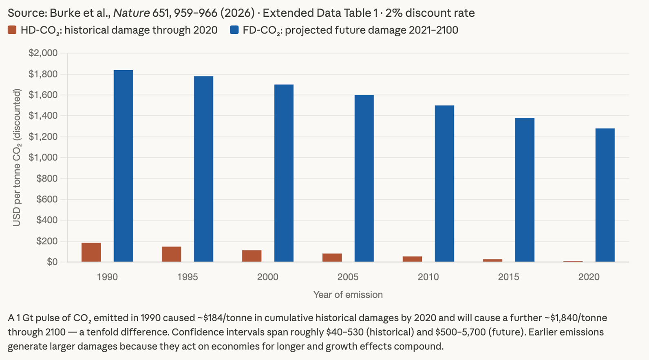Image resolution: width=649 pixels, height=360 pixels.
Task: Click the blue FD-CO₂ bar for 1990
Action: click(123, 166)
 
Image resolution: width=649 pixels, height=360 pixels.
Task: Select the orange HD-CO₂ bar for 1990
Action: click(91, 252)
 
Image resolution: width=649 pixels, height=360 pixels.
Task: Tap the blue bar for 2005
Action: click(364, 178)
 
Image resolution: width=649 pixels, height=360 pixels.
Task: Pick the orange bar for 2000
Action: click(252, 256)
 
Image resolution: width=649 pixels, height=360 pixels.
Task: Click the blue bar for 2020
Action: click(605, 195)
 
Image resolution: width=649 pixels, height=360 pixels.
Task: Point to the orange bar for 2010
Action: click(412, 259)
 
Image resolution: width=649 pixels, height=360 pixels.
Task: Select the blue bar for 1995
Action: click(203, 169)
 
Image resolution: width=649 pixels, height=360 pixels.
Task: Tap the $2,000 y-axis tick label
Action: click(43, 53)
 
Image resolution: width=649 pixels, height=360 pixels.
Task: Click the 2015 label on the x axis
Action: click(508, 277)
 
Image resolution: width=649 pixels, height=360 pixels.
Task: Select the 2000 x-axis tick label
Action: click(267, 277)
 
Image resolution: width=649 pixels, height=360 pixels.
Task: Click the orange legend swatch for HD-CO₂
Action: click(12, 30)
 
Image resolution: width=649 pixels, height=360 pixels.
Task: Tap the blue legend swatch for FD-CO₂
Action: click(234, 30)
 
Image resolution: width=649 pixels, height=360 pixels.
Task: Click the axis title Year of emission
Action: click(348, 295)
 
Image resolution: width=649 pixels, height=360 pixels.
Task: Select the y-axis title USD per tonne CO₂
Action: click(16, 158)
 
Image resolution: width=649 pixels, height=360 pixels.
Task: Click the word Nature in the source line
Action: click(131, 13)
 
